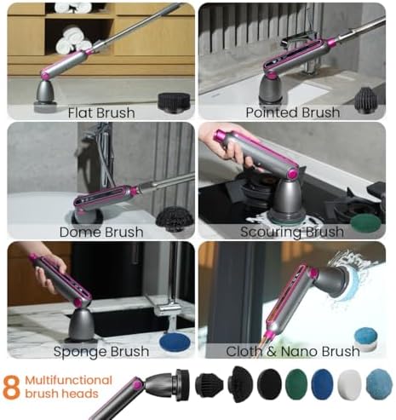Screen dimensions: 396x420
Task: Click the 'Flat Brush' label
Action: tap(101, 112)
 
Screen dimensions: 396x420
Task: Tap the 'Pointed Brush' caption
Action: tap(293, 112)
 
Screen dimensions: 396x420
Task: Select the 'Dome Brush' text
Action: tap(101, 232)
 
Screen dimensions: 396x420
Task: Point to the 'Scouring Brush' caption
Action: tap(292, 232)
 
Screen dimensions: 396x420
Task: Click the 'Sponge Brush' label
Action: tap(101, 352)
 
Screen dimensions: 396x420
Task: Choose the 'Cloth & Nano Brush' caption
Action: tap(293, 351)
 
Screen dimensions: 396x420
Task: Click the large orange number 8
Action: tap(12, 388)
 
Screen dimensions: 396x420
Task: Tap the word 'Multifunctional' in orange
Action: tap(69, 380)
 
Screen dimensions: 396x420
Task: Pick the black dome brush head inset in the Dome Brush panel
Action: tap(175, 219)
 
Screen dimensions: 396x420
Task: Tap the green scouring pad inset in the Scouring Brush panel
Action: tap(365, 224)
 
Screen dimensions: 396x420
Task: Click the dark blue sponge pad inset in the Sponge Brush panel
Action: tap(175, 342)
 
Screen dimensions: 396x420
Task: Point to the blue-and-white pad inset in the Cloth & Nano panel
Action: tap(365, 339)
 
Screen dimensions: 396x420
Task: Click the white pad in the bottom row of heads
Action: tap(349, 385)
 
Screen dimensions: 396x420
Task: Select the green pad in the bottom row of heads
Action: tap(296, 384)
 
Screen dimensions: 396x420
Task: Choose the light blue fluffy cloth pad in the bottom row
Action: tap(379, 385)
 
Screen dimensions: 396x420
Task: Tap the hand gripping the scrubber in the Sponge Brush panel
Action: tap(49, 272)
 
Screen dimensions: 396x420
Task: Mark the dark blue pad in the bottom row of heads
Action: tap(322, 384)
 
